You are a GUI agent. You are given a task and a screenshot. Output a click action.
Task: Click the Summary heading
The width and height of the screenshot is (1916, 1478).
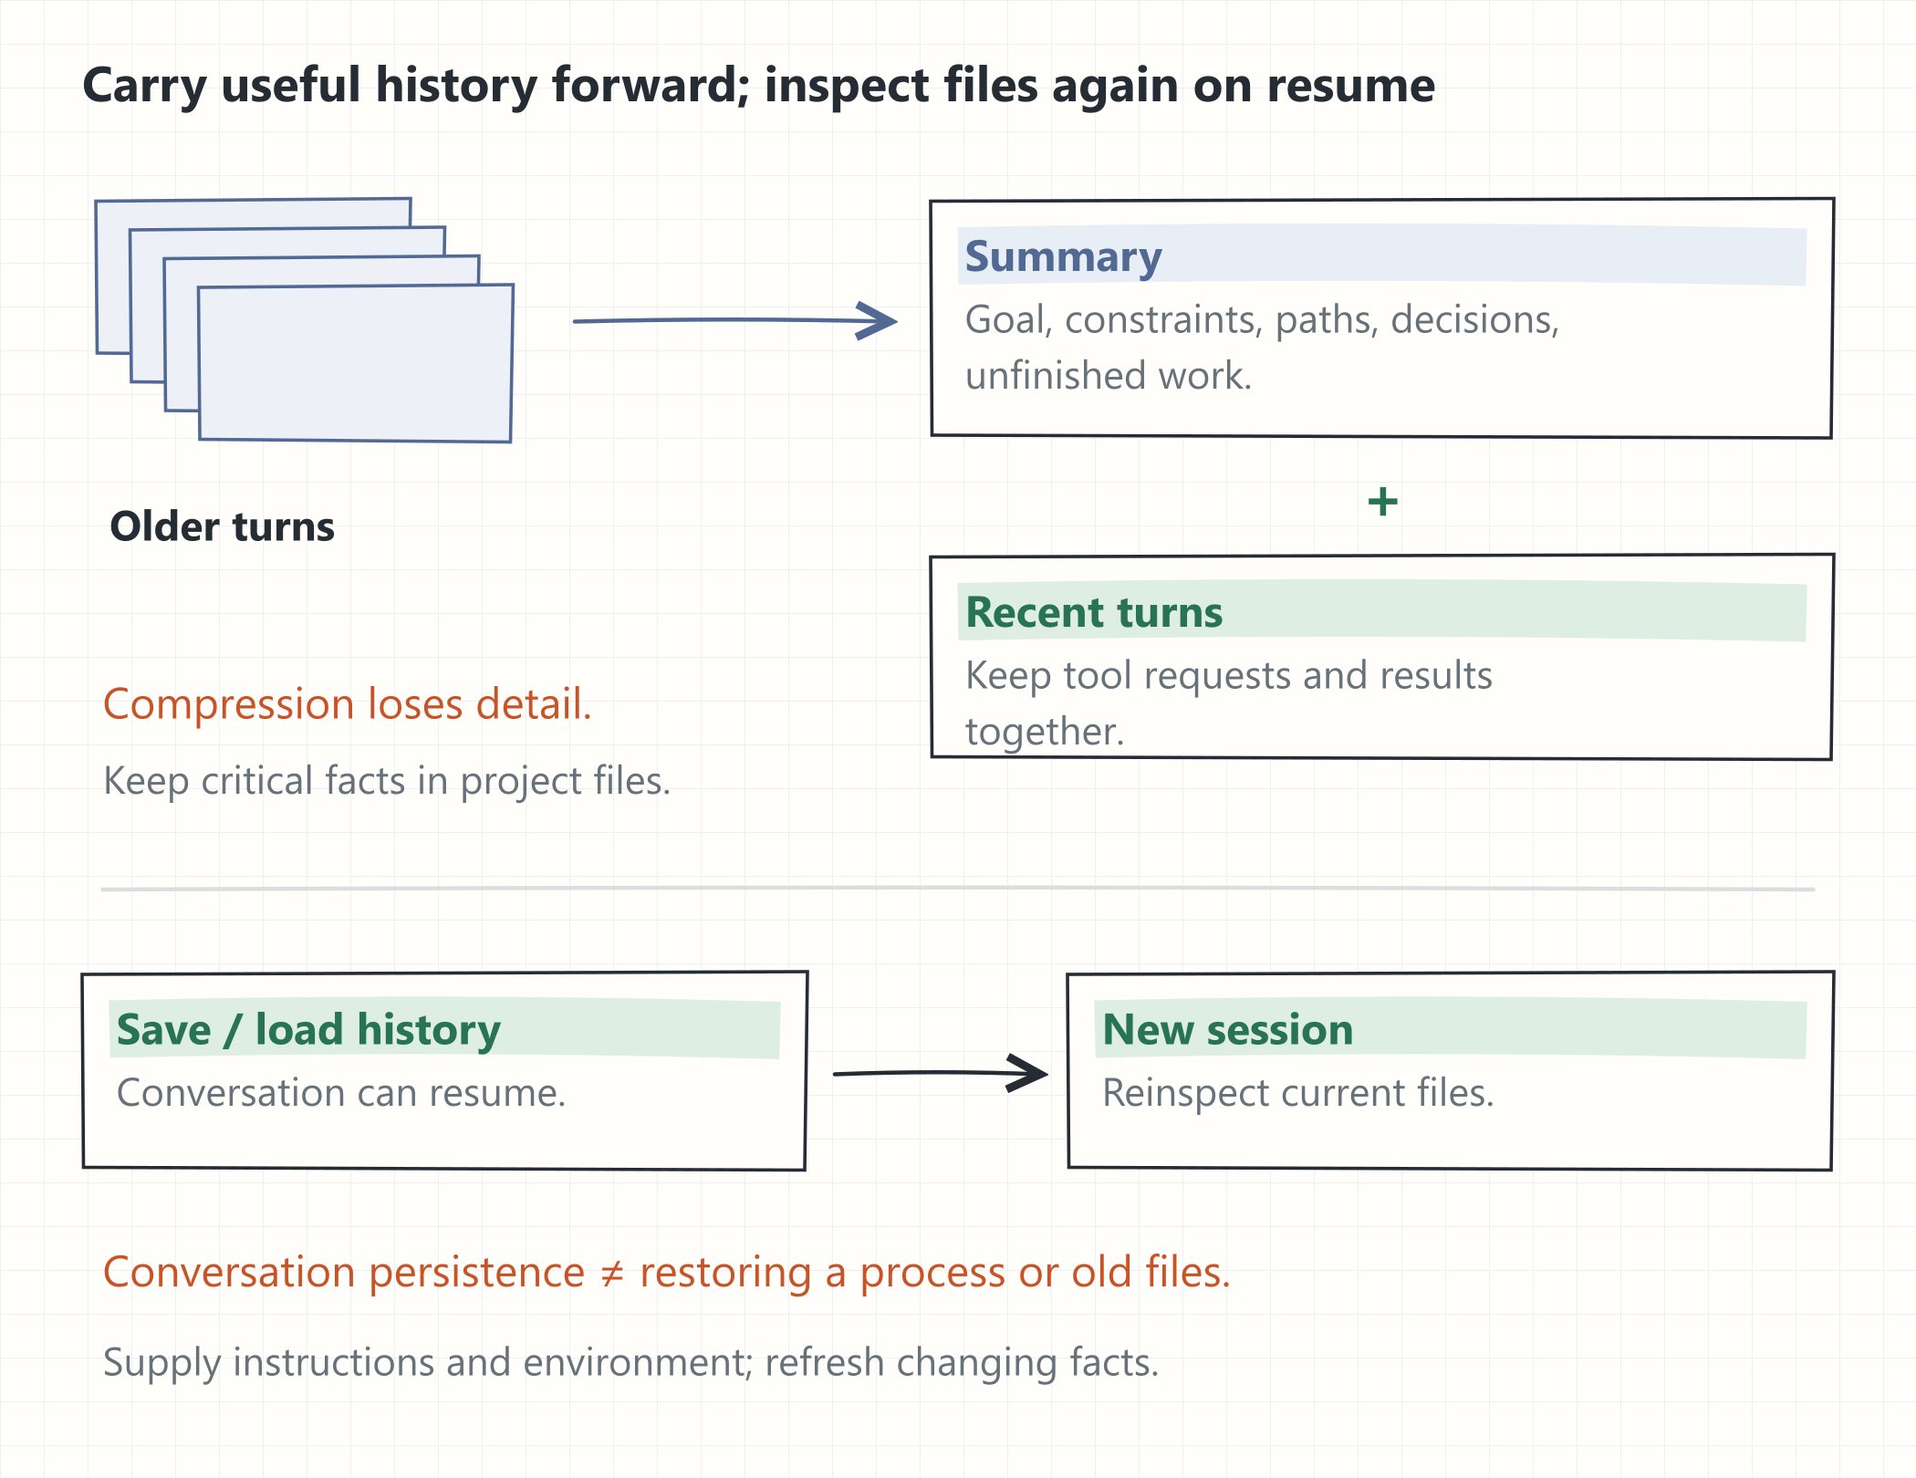(1063, 256)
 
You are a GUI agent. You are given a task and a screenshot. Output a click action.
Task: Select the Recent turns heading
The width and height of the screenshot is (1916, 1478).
(1094, 612)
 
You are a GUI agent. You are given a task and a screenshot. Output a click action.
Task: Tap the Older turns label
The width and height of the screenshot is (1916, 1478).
(222, 526)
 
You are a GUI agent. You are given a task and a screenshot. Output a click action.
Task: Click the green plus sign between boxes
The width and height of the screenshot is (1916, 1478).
(1382, 501)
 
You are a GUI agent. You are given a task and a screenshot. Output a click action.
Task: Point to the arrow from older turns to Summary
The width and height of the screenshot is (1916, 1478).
(734, 320)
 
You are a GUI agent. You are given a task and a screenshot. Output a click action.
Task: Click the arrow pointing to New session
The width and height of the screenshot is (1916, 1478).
(941, 1073)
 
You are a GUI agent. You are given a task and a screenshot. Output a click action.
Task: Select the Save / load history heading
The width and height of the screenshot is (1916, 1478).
(308, 1030)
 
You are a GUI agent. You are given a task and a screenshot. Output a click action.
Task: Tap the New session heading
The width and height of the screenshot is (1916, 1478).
(1227, 1029)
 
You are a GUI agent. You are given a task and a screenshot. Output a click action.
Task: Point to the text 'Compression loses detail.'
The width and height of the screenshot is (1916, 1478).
(348, 704)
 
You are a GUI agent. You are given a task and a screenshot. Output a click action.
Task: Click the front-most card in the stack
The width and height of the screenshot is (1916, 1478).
(356, 363)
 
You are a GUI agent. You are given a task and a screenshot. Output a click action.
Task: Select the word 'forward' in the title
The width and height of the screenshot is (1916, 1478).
(651, 85)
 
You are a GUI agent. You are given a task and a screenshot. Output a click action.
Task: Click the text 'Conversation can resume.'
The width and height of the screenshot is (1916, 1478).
(341, 1093)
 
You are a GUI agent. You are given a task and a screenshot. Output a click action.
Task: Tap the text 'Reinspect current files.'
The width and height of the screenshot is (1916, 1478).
(1298, 1093)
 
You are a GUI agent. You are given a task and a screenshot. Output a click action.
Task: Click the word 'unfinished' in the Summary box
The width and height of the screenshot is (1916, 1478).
(1056, 376)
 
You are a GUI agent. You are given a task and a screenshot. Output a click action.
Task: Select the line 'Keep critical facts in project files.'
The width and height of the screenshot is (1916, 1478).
(387, 781)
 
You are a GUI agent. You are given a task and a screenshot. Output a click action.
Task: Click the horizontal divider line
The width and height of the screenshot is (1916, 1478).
(958, 888)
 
